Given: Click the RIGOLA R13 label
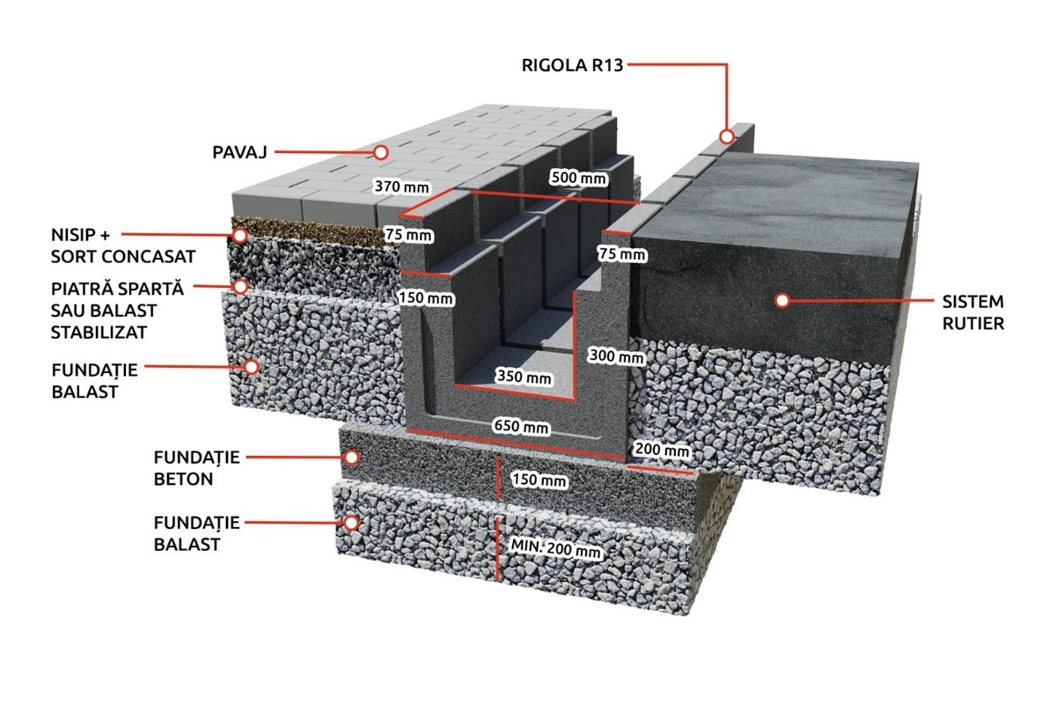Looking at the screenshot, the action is [x=572, y=65].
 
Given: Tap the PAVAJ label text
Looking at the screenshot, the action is [x=239, y=152].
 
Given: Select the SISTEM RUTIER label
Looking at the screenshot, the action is [x=973, y=312].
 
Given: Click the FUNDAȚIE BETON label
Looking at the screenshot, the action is [x=196, y=468].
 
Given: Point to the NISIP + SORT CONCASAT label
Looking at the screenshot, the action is [x=123, y=246].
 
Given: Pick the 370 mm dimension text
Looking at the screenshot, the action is [x=401, y=187].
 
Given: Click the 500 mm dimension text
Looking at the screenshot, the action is [x=578, y=178].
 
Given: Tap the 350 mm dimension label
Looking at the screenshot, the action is [x=524, y=377].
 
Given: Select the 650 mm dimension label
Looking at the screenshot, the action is [x=521, y=426].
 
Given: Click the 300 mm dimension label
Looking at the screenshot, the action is [x=616, y=356].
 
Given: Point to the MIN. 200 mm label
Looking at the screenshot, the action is [x=556, y=549].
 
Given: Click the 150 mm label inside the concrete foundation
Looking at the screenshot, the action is [x=539, y=480].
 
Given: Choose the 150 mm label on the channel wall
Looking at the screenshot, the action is [x=426, y=298].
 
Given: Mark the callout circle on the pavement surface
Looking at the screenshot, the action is [x=380, y=152].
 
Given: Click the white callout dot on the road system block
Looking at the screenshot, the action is [x=782, y=300].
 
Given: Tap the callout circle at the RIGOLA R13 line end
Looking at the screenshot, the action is [x=727, y=136].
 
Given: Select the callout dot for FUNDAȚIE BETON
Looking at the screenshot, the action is [x=351, y=458].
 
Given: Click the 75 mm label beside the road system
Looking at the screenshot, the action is [x=622, y=254].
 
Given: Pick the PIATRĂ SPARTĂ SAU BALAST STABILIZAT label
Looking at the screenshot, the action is [x=117, y=311].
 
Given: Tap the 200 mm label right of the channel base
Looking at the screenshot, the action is [x=662, y=450].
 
